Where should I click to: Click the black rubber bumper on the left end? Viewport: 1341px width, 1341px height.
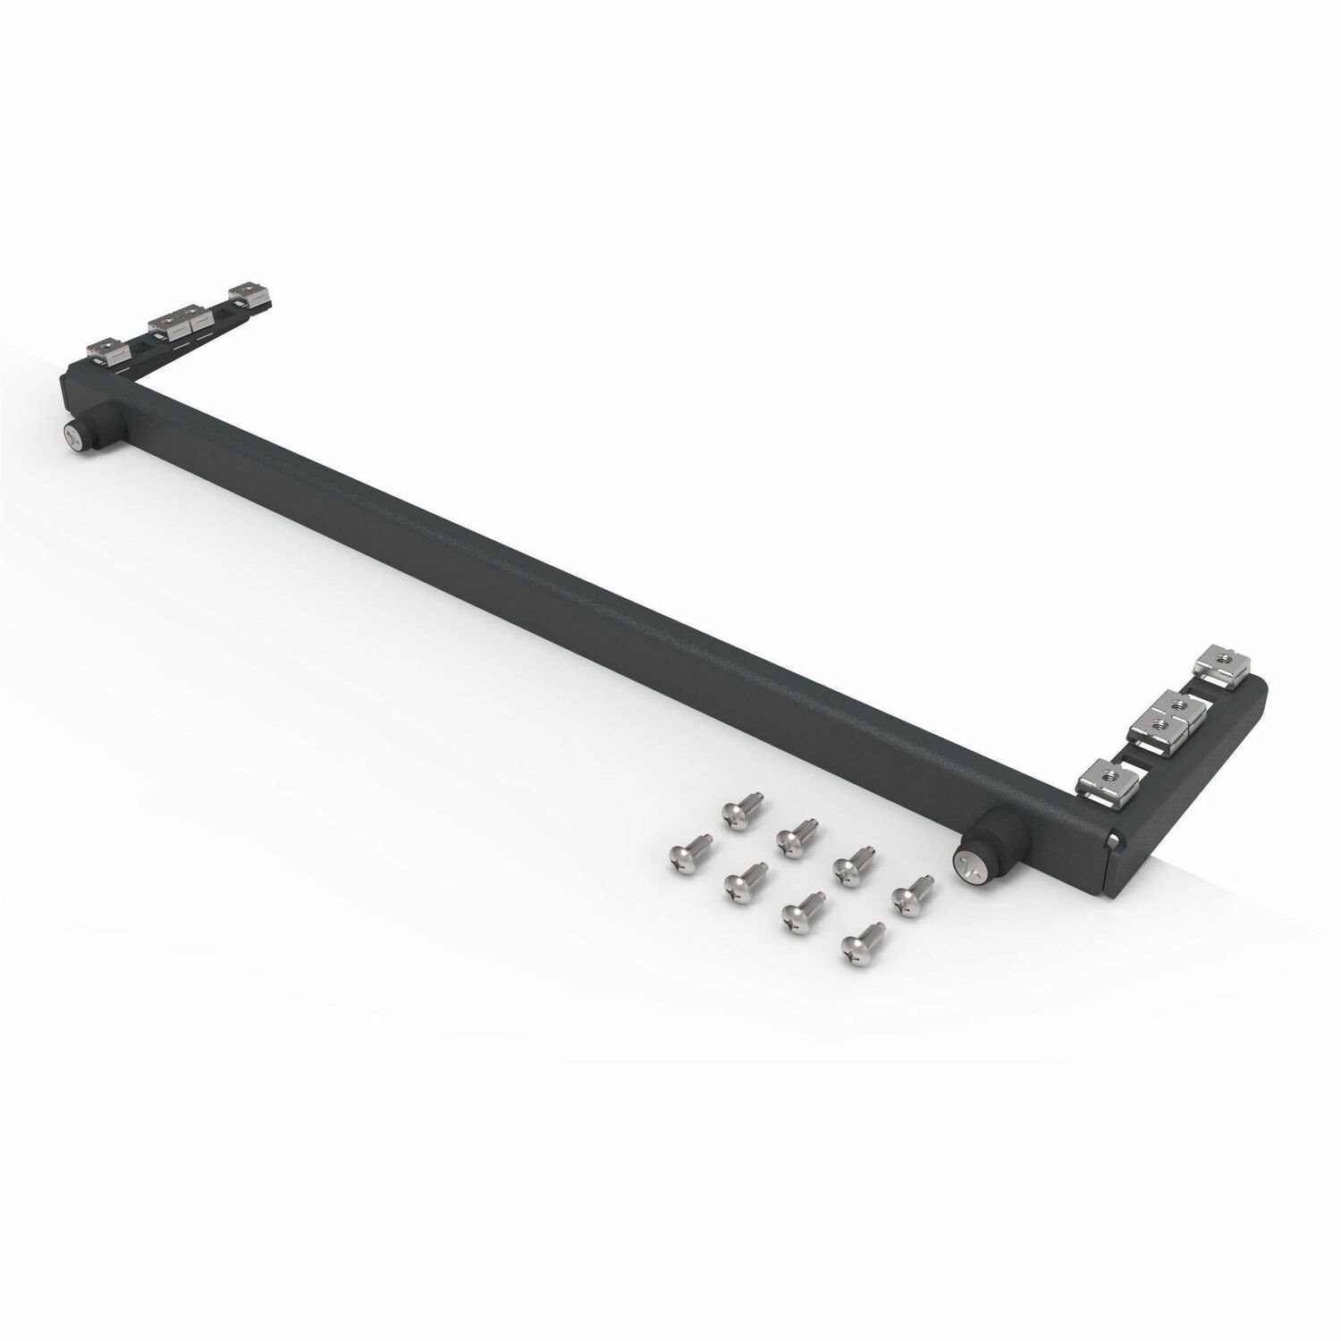[x=98, y=420]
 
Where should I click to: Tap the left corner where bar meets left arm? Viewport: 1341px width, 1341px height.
[x=85, y=380]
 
